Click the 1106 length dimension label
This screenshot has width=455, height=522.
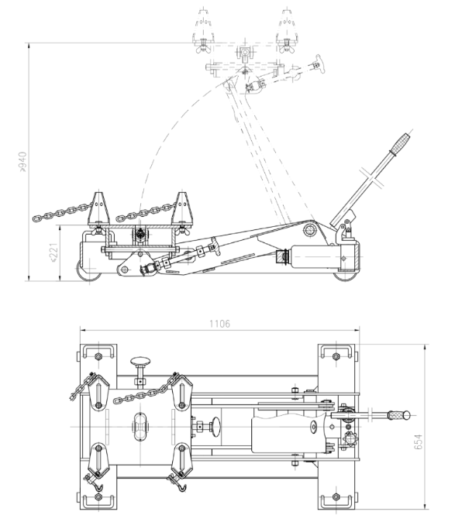point(219,324)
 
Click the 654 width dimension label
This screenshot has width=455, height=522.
point(418,441)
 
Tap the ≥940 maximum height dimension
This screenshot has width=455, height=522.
point(22,162)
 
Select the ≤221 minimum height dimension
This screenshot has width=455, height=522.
point(53,252)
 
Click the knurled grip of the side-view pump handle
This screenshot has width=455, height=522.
point(400,143)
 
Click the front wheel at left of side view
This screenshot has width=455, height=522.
point(89,270)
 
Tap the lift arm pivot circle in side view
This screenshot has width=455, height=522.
point(309,230)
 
